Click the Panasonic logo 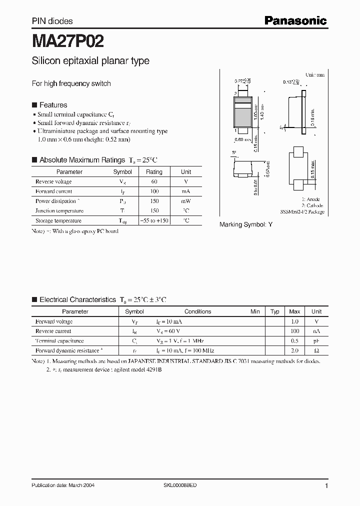coord(295,20)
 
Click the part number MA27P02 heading coord(68,39)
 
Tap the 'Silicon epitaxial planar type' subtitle coord(90,61)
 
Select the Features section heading coord(53,105)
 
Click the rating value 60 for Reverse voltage coord(154,181)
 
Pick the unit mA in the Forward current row coord(186,191)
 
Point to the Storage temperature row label coord(58,220)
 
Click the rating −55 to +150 coord(154,220)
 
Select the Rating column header coord(154,172)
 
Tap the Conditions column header coord(198,311)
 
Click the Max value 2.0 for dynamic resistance coord(294,350)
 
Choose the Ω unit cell coord(316,350)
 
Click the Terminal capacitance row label coord(56,340)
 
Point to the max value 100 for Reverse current coord(294,331)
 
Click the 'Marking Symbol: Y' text coord(246,225)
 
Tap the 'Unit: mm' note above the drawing coord(315,74)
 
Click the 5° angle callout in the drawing coord(234,153)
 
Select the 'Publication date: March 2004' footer coord(63,485)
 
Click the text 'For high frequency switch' coord(71,83)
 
